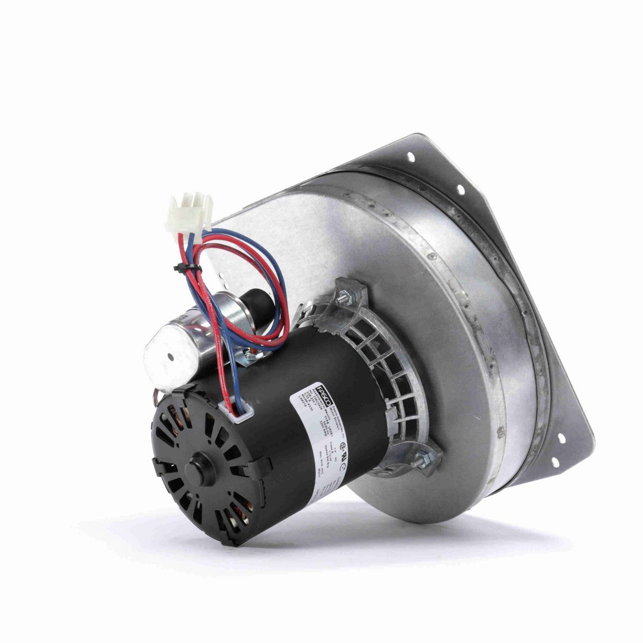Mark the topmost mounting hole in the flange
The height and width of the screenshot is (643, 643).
(411, 156)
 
